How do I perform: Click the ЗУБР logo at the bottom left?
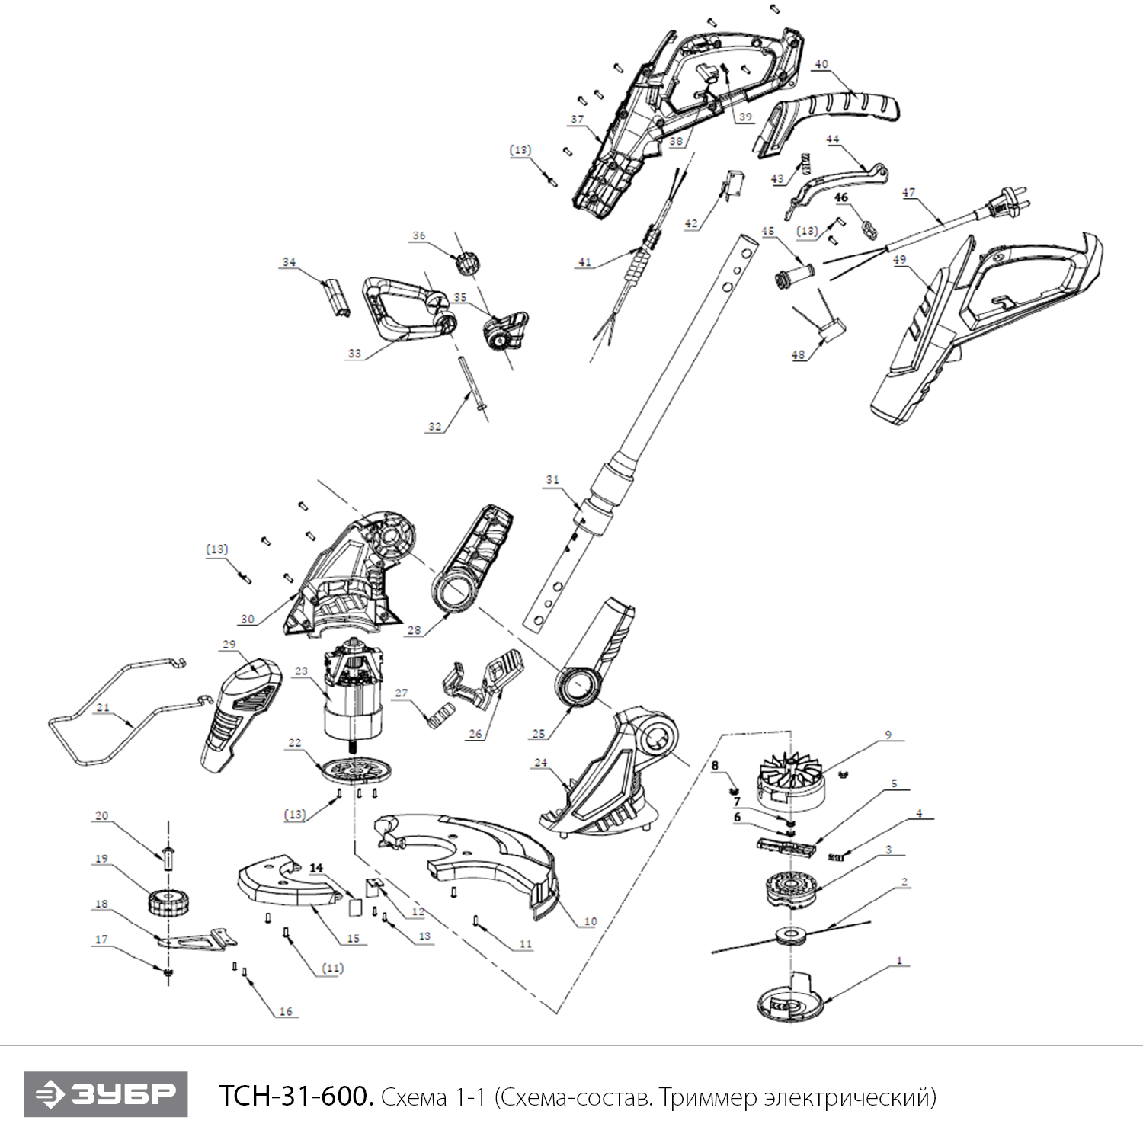(x=105, y=1095)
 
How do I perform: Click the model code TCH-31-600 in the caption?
(x=296, y=1097)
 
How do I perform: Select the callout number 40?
(x=821, y=65)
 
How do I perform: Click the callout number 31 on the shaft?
(x=552, y=480)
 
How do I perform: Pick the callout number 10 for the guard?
(x=591, y=922)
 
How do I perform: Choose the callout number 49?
(x=900, y=260)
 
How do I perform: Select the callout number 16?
(x=286, y=1011)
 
